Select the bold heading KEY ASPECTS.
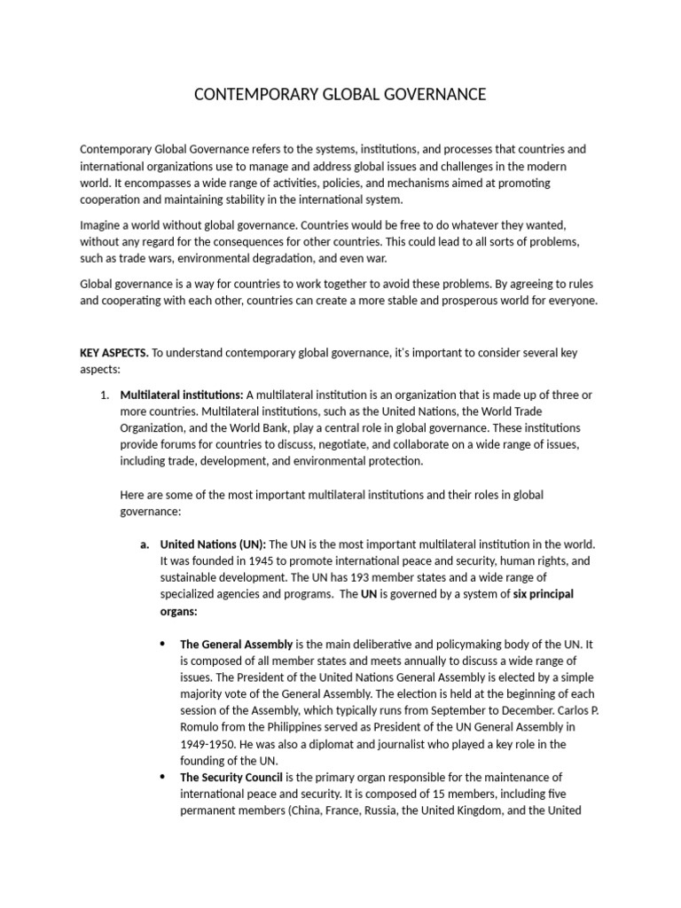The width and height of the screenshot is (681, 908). [113, 352]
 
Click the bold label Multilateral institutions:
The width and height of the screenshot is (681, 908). [182, 394]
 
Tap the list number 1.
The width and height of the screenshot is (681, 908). [103, 394]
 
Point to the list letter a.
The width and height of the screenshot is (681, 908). [143, 544]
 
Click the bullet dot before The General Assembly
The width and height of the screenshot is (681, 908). [161, 644]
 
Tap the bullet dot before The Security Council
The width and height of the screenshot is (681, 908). [161, 777]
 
